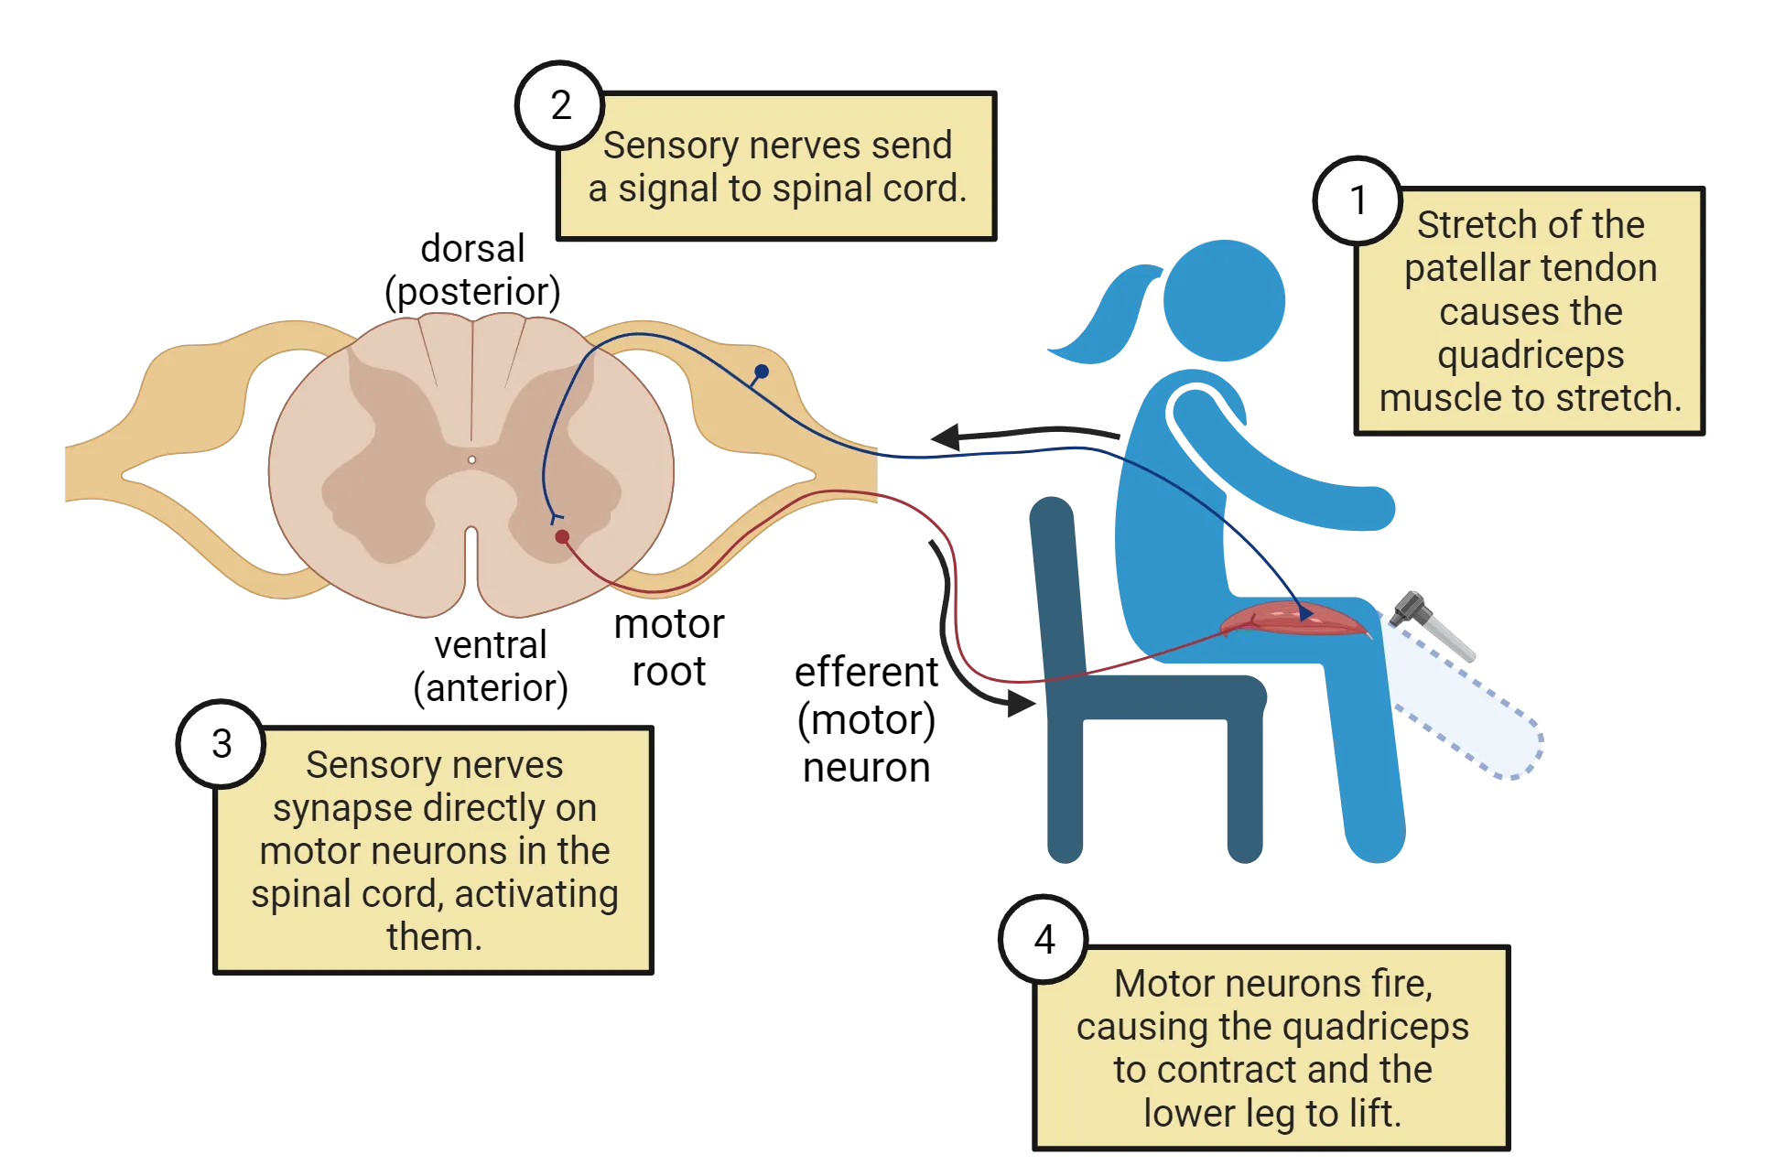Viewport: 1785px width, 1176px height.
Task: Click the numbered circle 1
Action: tap(1358, 200)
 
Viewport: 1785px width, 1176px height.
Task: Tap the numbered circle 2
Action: tap(560, 106)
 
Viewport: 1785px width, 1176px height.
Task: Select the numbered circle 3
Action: tap(222, 743)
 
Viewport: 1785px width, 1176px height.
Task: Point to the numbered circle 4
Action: tap(1044, 940)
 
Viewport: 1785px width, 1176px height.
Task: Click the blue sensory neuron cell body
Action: tap(761, 372)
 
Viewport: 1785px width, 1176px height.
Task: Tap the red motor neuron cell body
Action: tap(562, 537)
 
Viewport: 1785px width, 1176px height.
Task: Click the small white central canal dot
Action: tap(471, 459)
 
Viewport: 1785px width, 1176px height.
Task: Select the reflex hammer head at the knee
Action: tap(1411, 609)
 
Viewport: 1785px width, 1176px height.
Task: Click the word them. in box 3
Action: tap(434, 937)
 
